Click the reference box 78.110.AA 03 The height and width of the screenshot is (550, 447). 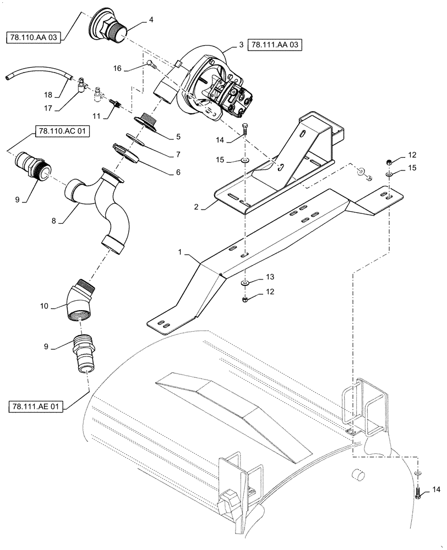click(34, 37)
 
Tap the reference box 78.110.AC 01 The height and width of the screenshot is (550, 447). click(63, 131)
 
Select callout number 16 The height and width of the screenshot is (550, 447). click(117, 68)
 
